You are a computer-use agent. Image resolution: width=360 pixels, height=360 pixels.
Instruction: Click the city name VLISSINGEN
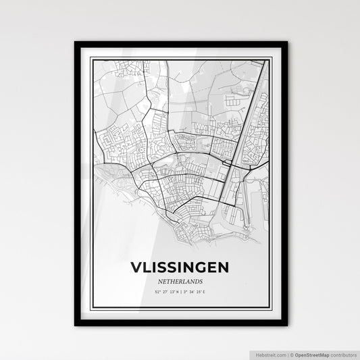[x=180, y=268]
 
